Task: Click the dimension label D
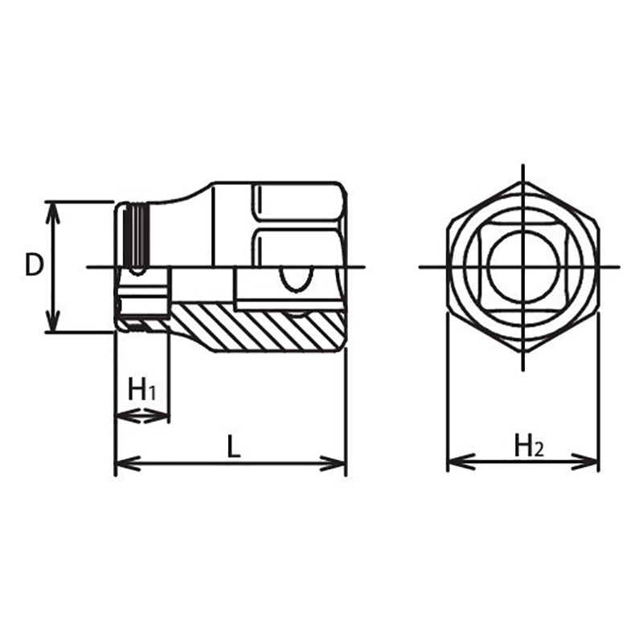(x=33, y=266)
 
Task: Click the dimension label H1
(x=142, y=391)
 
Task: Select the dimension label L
(x=232, y=447)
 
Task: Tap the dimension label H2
(x=529, y=444)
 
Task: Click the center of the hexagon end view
(x=522, y=267)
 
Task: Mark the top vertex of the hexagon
(x=522, y=181)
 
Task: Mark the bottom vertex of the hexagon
(x=522, y=353)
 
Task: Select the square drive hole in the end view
(x=522, y=267)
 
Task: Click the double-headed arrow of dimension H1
(x=142, y=416)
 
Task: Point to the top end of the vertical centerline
(x=522, y=166)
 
